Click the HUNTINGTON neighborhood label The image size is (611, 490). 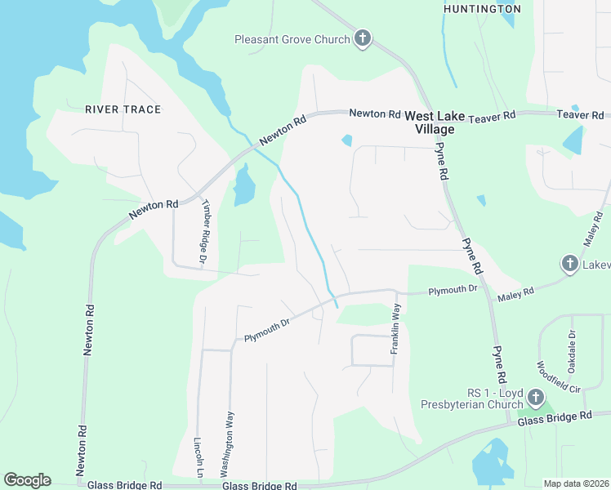(481, 9)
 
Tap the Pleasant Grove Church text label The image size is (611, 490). (292, 39)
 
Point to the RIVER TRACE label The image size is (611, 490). (123, 109)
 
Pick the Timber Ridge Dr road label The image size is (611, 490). (204, 233)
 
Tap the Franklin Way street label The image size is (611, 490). (396, 329)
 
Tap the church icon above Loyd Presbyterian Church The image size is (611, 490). (535, 398)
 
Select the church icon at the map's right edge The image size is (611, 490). (569, 264)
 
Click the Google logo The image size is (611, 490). (27, 480)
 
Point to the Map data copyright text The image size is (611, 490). (576, 483)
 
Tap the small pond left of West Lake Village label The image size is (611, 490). (347, 140)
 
